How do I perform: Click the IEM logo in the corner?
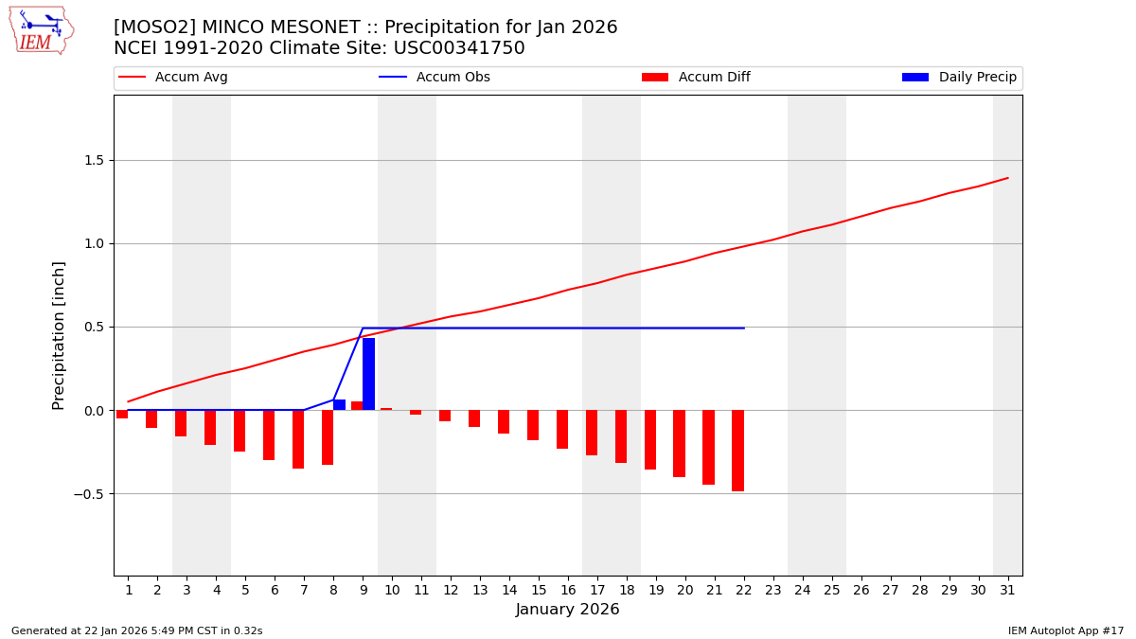(41, 30)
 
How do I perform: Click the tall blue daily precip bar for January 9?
(368, 374)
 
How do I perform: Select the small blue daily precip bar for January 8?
(339, 404)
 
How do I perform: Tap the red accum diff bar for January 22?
(737, 451)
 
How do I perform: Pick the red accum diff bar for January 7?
(298, 439)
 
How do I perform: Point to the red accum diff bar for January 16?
(562, 429)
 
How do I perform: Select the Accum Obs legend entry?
(435, 78)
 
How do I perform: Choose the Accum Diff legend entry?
(696, 78)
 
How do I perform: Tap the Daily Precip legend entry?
(960, 78)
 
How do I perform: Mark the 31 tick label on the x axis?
(1006, 590)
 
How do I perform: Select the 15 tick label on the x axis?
(538, 590)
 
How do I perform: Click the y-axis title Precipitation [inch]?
(59, 335)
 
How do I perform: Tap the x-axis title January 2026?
(567, 610)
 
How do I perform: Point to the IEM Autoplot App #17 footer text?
(1066, 630)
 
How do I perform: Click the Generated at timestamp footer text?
(137, 630)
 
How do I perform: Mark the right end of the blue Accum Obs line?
(744, 328)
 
